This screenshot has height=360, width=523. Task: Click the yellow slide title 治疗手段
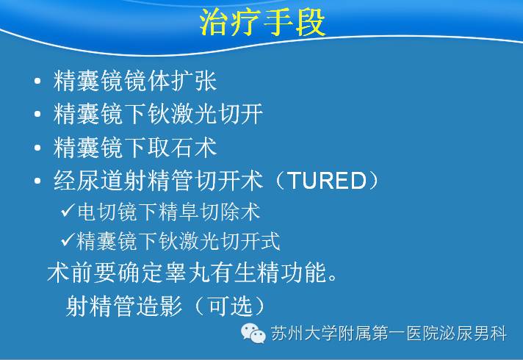262,22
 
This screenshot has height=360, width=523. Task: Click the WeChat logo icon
253,333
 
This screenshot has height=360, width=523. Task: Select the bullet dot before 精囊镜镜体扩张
37,81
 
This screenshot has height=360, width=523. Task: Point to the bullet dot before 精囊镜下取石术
37,148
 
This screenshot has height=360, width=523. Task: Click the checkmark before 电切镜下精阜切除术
68,210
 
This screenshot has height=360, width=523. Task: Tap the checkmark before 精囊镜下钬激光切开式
68,240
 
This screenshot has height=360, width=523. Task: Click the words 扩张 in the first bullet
194,81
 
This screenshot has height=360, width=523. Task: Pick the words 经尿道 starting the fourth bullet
88,181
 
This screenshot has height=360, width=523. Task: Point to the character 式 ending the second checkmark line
270,241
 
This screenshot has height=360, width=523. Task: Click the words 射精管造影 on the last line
123,306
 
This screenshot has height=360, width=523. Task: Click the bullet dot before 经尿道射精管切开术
37,181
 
